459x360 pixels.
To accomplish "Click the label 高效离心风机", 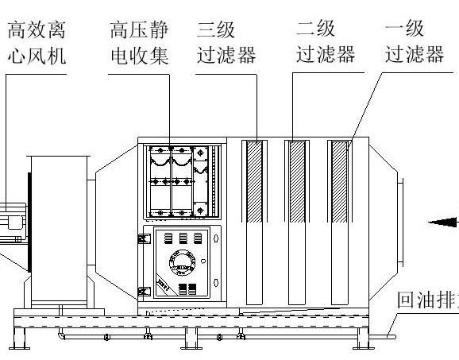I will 35,43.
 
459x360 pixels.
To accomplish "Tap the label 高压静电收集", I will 138,43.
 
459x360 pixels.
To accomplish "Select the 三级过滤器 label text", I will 226,43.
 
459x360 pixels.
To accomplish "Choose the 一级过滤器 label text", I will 413,43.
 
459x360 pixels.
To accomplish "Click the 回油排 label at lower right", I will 426,301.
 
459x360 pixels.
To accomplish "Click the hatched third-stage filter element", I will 255,181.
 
